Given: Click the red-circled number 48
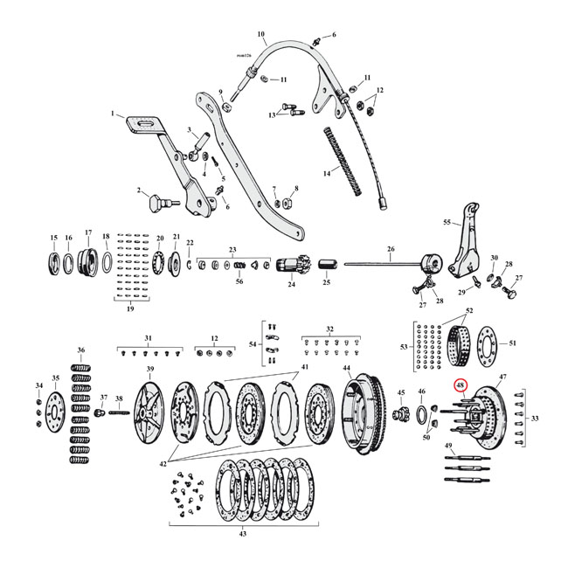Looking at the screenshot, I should [460, 385].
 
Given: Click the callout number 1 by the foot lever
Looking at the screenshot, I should [113, 114].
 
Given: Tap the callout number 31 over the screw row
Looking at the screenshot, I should [148, 338].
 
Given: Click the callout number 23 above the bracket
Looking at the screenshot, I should [232, 249].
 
